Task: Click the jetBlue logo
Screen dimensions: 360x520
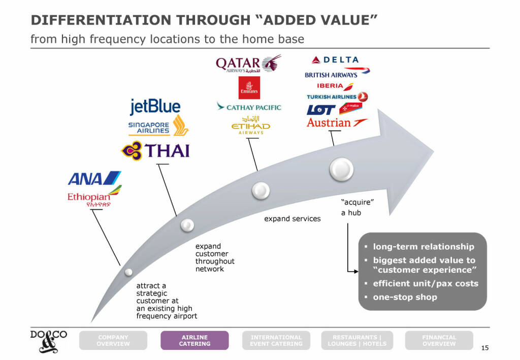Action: [155, 107]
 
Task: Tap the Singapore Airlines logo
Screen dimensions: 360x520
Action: [158, 126]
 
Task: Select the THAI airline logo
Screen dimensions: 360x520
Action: [155, 150]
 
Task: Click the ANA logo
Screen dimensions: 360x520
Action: [94, 179]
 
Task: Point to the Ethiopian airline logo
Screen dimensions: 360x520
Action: [94, 199]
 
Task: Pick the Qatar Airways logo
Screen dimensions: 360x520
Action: [248, 65]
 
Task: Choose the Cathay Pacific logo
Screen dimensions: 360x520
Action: [248, 107]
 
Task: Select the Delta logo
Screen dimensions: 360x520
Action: [335, 60]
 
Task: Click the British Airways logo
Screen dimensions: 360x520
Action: [337, 73]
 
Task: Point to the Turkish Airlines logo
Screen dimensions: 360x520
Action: [337, 96]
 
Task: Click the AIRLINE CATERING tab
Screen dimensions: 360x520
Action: [194, 340]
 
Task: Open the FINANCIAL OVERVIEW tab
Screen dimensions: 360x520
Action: [439, 340]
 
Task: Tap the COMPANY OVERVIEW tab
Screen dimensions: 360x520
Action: [113, 340]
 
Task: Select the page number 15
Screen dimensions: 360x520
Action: [484, 348]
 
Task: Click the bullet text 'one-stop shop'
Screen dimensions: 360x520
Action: [405, 297]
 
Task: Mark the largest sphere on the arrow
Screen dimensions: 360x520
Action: [341, 169]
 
